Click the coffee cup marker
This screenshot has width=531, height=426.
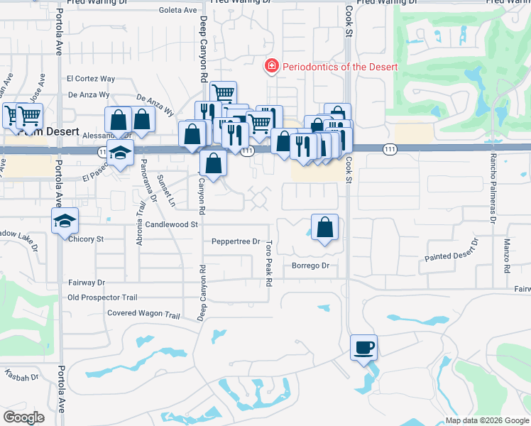364,348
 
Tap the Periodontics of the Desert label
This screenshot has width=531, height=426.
339,67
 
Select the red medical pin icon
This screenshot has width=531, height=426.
270,67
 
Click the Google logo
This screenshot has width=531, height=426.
23,417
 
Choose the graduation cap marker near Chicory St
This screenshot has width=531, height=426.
65,221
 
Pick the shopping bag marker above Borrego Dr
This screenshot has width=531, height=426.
324,228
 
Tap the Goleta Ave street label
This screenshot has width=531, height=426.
177,10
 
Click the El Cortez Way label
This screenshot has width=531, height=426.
91,79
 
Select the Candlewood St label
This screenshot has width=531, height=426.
171,224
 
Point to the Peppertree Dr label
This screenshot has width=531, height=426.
236,241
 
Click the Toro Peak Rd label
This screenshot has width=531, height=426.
269,263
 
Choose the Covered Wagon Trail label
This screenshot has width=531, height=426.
143,313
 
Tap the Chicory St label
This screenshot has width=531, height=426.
86,239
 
